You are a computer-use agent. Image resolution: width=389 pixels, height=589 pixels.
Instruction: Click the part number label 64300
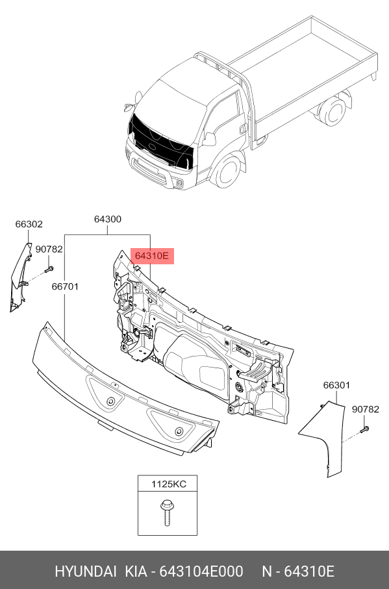[107, 219]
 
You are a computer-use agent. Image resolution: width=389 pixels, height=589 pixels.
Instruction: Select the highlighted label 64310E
[152, 256]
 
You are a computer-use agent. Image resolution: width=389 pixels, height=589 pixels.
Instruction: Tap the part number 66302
[29, 224]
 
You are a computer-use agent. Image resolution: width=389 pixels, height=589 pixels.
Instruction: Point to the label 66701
[65, 286]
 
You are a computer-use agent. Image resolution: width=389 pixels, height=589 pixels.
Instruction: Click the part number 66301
[336, 385]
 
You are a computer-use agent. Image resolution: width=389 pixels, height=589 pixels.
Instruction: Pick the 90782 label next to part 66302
[49, 249]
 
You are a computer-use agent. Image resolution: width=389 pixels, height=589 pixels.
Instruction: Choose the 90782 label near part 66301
[366, 410]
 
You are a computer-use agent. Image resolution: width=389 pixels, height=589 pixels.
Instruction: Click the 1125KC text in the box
[169, 484]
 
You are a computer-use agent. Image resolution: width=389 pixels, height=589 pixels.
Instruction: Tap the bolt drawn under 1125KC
[166, 513]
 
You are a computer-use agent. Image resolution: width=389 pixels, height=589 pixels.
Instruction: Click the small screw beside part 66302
[49, 269]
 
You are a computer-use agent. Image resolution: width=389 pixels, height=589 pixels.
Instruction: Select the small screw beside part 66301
[364, 429]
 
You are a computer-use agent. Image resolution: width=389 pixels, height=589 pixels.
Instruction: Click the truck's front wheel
[227, 171]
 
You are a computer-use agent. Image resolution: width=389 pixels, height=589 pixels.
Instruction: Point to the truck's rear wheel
[332, 111]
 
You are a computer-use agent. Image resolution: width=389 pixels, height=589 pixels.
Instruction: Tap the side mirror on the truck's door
[209, 140]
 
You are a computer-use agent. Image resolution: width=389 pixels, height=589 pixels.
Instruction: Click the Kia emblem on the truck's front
[152, 146]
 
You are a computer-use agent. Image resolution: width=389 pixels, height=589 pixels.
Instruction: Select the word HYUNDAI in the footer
[86, 571]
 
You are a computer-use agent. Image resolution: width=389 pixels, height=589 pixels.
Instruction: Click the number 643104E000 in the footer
[201, 571]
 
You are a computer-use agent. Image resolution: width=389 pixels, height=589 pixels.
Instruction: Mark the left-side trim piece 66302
[20, 277]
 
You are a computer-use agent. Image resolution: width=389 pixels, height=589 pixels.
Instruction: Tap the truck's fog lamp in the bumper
[180, 183]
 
